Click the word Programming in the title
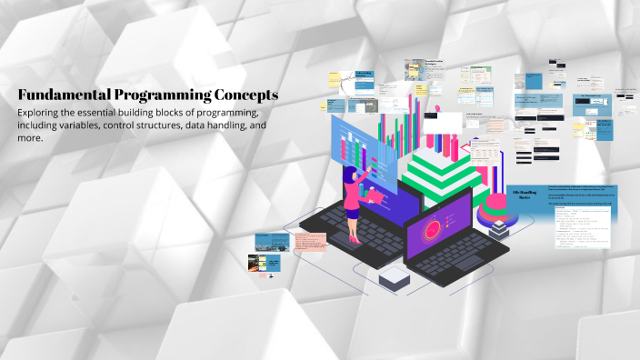coord(160,95)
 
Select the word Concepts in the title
coord(245,95)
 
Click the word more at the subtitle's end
coord(30,140)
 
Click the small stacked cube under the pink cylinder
coord(498,230)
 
